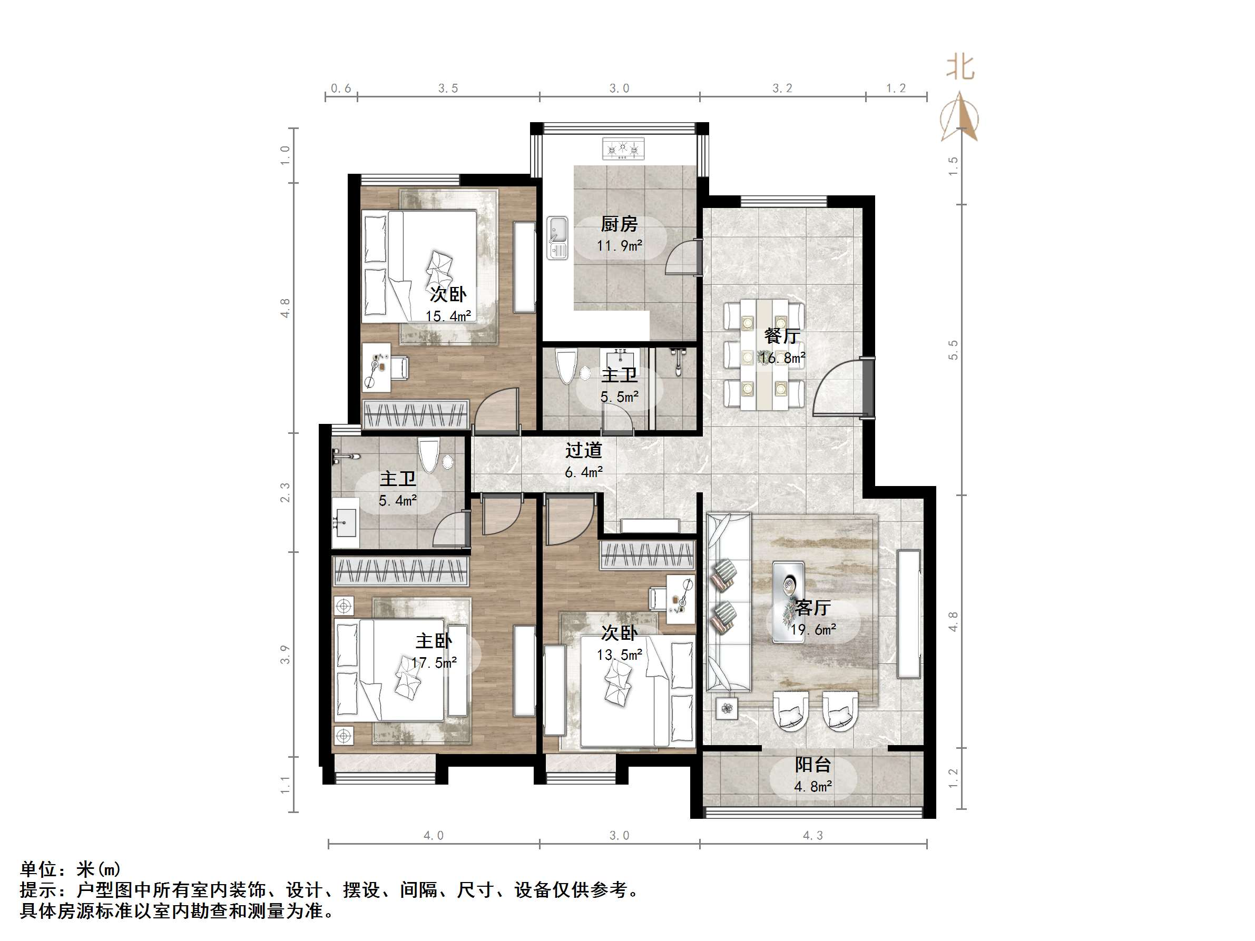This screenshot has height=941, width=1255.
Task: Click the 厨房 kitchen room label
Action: tap(619, 224)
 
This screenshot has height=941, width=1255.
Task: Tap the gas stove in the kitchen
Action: tap(623, 149)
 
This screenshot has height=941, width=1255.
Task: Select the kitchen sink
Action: tap(557, 237)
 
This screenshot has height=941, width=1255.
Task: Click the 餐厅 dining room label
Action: tap(782, 336)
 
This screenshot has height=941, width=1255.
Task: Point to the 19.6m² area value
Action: tap(813, 630)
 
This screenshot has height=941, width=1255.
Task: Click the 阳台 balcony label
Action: tap(812, 765)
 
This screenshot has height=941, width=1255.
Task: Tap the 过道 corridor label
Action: tap(583, 450)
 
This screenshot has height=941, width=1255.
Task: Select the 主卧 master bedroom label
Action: tap(434, 641)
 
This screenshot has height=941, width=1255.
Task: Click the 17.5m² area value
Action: tap(434, 662)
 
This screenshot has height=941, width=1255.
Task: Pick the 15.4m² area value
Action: tap(448, 316)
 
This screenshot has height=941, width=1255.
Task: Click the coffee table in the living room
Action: tap(788, 602)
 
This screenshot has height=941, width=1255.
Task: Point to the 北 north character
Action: tap(960, 67)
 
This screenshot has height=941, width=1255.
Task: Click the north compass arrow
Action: tap(960, 116)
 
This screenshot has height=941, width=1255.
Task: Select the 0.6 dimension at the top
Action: tap(341, 88)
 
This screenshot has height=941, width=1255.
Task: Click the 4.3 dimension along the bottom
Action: tap(812, 836)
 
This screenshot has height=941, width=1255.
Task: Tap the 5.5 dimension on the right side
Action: tap(953, 350)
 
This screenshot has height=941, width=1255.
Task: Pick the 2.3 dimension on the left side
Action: tap(285, 492)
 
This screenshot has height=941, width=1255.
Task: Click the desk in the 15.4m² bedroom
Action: tap(376, 367)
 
